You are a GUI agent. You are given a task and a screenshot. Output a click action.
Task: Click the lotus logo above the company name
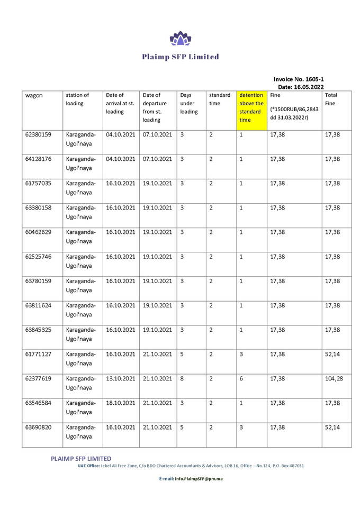(x=179, y=38)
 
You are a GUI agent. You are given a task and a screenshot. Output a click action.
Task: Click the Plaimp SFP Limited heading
(x=180, y=57)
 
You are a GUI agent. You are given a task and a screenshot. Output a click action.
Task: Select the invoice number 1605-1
(x=299, y=78)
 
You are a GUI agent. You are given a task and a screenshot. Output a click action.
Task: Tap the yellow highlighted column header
(x=251, y=107)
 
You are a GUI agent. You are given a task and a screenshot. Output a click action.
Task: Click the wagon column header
(x=34, y=95)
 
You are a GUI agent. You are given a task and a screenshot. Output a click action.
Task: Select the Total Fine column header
(x=330, y=99)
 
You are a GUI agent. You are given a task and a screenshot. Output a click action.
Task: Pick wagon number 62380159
(x=38, y=135)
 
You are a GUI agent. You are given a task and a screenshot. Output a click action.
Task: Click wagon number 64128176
(x=38, y=159)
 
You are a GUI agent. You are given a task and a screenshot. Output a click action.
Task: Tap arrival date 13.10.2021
(x=121, y=378)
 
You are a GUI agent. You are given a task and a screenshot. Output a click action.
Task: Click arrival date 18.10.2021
(x=121, y=403)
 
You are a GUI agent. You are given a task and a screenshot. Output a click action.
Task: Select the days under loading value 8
(x=182, y=378)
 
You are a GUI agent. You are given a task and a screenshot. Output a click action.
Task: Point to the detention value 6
(x=241, y=378)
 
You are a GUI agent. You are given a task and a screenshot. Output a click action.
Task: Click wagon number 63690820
(x=38, y=427)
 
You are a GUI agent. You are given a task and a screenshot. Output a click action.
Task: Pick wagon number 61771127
(x=38, y=354)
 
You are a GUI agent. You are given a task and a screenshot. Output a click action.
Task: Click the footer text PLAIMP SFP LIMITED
(x=81, y=458)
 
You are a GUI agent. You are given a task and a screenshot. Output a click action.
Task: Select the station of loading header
(x=77, y=99)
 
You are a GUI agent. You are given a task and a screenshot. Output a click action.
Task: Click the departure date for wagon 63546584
(x=158, y=403)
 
